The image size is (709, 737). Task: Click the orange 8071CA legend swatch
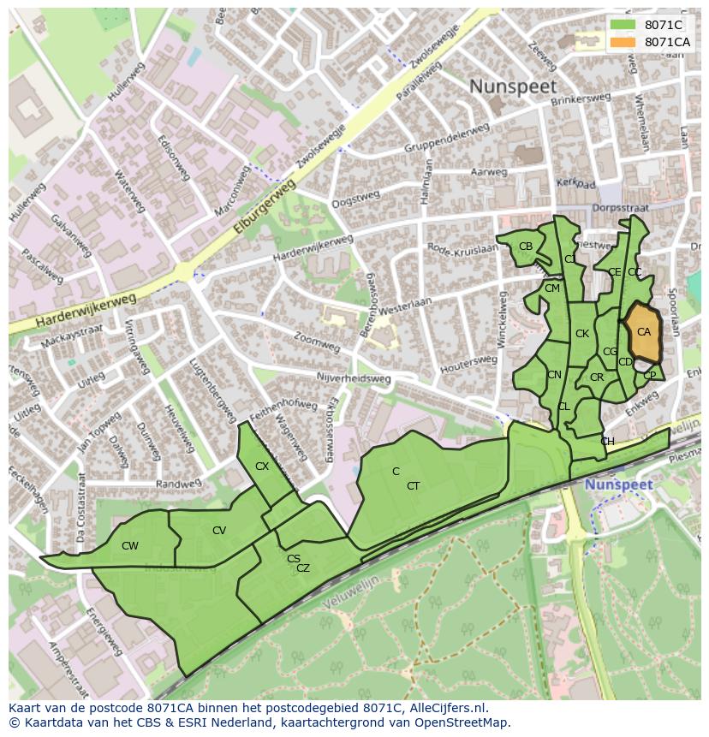(623, 42)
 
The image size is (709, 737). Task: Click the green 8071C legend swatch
(623, 25)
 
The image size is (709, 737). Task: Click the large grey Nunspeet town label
(513, 86)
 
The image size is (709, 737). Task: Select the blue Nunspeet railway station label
(618, 484)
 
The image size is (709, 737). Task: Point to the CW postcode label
(130, 546)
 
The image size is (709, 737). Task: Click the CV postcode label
(219, 531)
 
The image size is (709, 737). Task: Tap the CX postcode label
(262, 467)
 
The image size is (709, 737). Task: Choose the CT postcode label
(414, 486)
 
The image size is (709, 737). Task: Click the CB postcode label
(526, 247)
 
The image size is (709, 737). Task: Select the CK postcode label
(582, 334)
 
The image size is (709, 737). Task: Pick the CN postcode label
(554, 375)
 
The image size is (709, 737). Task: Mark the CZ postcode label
(303, 568)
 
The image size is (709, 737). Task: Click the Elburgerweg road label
(265, 207)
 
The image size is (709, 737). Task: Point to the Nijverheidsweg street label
(354, 377)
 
